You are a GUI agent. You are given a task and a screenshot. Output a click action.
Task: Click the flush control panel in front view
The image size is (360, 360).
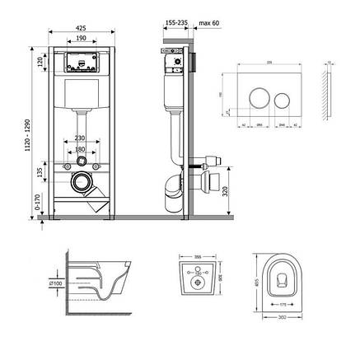tap(80, 62)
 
